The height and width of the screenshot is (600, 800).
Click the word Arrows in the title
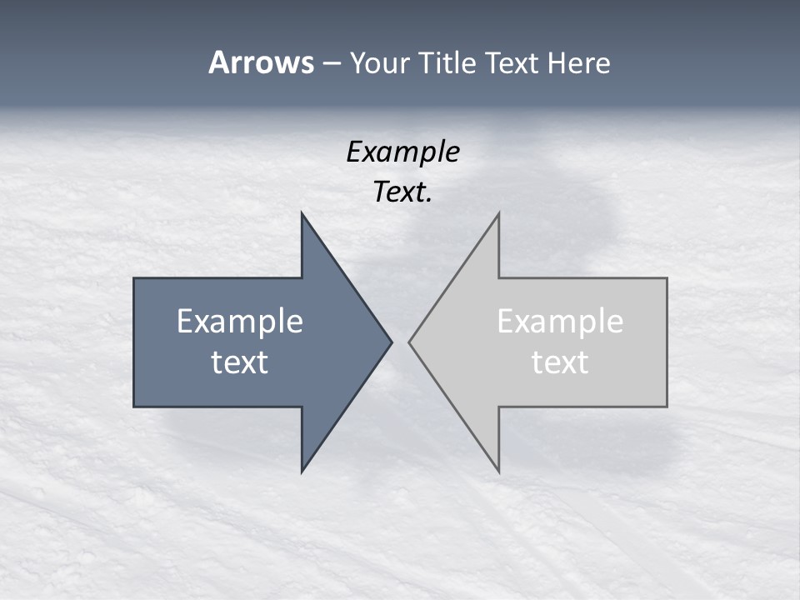coord(261,62)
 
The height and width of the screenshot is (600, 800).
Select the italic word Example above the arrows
coord(402,152)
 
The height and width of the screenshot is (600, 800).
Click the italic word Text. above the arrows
coord(402,192)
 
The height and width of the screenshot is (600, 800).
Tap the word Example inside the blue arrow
coord(240,321)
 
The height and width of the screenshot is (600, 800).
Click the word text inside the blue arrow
coord(240,362)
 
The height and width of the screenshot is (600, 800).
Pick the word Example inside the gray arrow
coord(560,321)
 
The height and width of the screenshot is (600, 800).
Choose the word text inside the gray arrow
coord(560,362)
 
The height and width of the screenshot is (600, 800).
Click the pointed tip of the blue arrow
coord(391,342)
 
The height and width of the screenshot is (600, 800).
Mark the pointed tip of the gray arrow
coord(410,342)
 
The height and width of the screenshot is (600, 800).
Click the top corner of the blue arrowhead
coord(302,214)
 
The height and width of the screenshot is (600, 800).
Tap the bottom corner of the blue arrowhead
coord(302,471)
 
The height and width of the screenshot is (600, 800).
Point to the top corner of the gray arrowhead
coord(498,214)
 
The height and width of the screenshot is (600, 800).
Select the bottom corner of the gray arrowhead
coord(498,471)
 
